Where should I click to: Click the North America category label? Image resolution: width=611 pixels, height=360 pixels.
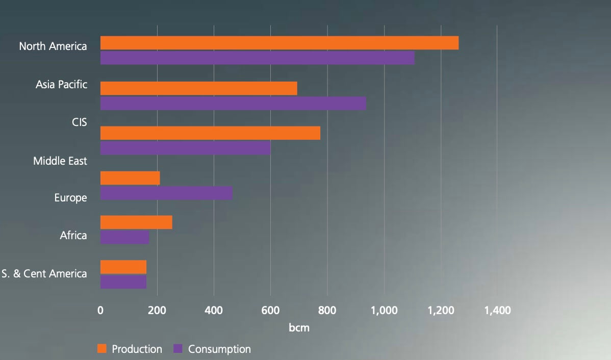click(53, 46)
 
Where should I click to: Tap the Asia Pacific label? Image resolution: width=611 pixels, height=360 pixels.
click(61, 85)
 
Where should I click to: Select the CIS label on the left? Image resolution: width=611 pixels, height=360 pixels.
click(79, 123)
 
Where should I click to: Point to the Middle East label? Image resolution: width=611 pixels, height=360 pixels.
click(60, 161)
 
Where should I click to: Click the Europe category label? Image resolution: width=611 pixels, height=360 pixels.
click(70, 198)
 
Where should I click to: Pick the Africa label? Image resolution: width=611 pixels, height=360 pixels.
click(73, 236)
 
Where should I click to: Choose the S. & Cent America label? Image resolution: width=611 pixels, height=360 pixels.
click(44, 274)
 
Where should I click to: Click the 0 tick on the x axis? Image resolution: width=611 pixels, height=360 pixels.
click(100, 310)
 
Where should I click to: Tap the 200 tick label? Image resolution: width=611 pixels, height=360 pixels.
click(157, 310)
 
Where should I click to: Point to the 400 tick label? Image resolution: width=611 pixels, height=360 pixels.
click(214, 310)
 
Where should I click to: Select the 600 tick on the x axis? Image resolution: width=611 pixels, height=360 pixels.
click(270, 310)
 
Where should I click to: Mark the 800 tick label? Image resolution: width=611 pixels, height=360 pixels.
click(327, 310)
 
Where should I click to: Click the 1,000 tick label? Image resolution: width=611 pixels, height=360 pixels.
click(384, 310)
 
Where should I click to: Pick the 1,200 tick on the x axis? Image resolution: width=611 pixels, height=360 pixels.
click(440, 310)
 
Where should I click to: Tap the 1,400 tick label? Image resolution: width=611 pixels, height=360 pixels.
click(497, 310)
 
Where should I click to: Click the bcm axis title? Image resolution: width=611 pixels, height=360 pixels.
click(299, 328)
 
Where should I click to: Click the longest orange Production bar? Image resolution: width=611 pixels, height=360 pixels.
click(279, 43)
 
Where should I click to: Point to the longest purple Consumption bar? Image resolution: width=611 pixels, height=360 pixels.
click(258, 58)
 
